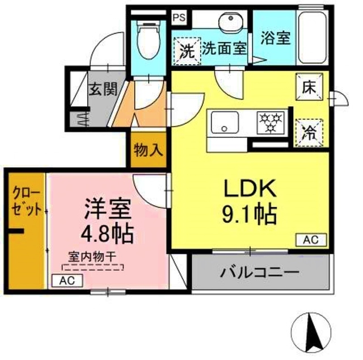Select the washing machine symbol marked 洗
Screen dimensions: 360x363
(x=187, y=49)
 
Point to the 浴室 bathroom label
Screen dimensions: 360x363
(x=276, y=38)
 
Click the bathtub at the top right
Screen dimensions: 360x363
(x=311, y=37)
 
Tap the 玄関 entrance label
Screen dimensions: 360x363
(x=103, y=89)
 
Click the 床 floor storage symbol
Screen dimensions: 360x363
(x=309, y=88)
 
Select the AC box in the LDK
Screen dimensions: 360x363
(x=311, y=240)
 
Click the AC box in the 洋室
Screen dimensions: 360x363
(x=67, y=281)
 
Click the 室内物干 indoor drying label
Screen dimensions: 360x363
(x=92, y=257)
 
